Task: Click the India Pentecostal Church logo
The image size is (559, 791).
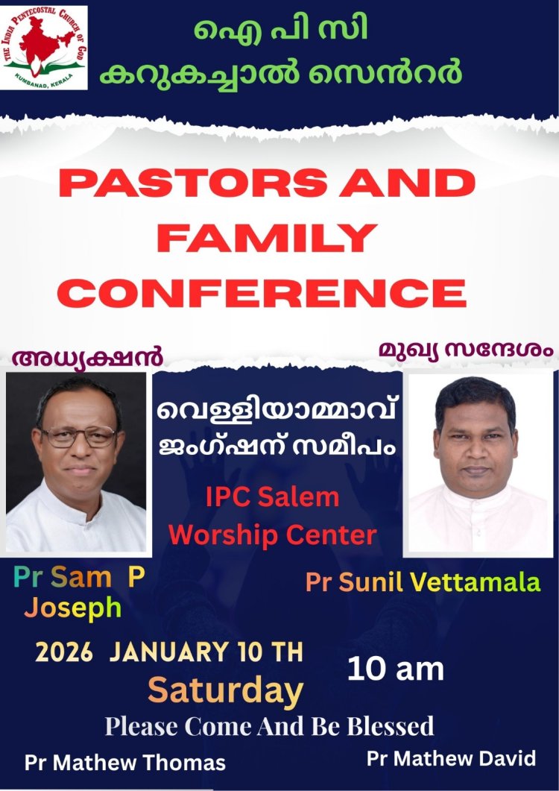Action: point(45,48)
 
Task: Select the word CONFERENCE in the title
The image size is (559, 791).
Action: point(262,292)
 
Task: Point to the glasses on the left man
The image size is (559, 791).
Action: point(78,436)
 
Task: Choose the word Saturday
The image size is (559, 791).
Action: point(225,690)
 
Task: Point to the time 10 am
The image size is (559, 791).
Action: point(396,669)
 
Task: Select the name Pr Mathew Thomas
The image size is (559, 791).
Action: point(125,763)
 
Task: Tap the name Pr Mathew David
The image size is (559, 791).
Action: point(451,758)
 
